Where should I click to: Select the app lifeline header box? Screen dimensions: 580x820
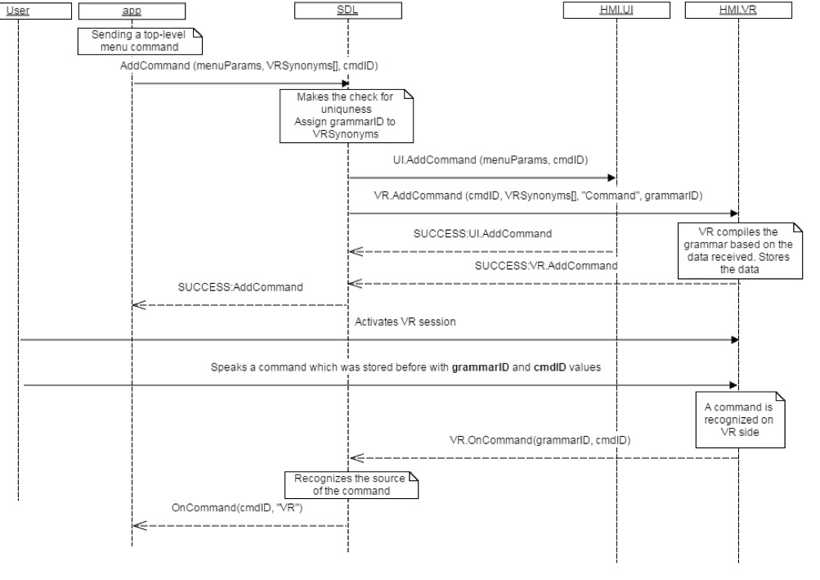pos(131,11)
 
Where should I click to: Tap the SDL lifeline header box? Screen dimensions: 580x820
pos(347,11)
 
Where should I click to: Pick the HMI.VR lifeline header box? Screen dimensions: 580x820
pos(739,11)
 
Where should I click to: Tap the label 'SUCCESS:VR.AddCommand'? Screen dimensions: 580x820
pos(545,266)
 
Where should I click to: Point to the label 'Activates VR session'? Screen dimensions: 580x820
pos(405,321)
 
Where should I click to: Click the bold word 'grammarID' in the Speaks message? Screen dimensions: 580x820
pos(478,367)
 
